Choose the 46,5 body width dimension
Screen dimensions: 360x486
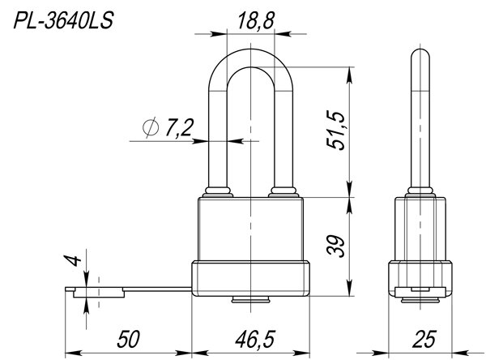click(x=252, y=335)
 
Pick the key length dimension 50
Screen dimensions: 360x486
click(x=130, y=335)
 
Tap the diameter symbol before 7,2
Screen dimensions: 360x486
click(x=150, y=128)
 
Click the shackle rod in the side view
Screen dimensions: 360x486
click(x=418, y=122)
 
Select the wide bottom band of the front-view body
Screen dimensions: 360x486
click(x=252, y=280)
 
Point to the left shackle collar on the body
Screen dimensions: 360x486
click(x=216, y=192)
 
